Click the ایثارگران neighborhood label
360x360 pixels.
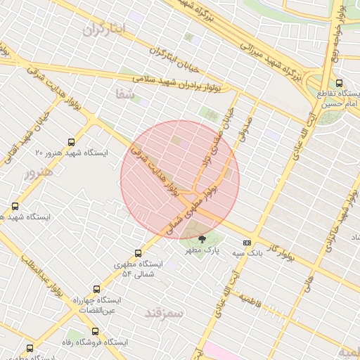point(103,29)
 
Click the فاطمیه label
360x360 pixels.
point(250,301)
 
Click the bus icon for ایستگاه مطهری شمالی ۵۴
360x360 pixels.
point(138,253)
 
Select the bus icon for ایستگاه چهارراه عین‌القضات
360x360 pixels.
point(96,288)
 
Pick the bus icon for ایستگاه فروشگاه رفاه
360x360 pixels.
point(96,331)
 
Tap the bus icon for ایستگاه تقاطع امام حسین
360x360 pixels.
point(340,83)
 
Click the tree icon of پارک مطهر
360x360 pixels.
point(203,239)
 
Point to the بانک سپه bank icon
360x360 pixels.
point(246,243)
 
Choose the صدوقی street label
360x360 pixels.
point(247,127)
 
